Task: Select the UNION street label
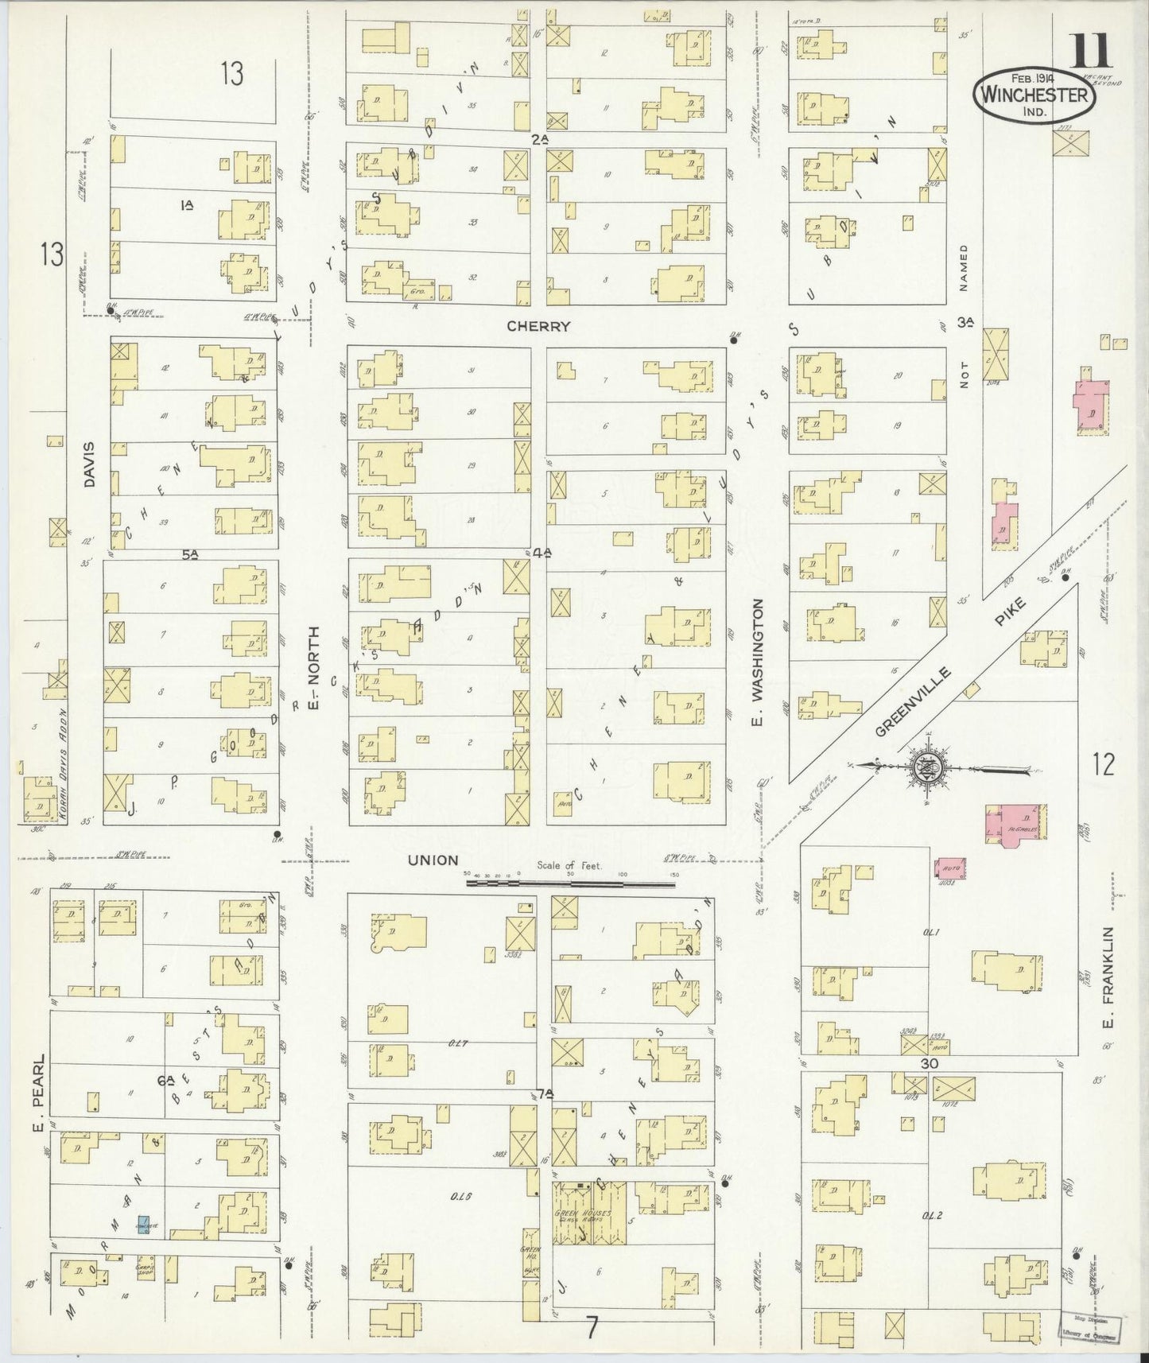click(x=433, y=860)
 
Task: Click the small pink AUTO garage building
click(x=951, y=868)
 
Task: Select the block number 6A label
click(x=165, y=1080)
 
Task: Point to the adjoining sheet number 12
click(x=1104, y=765)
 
